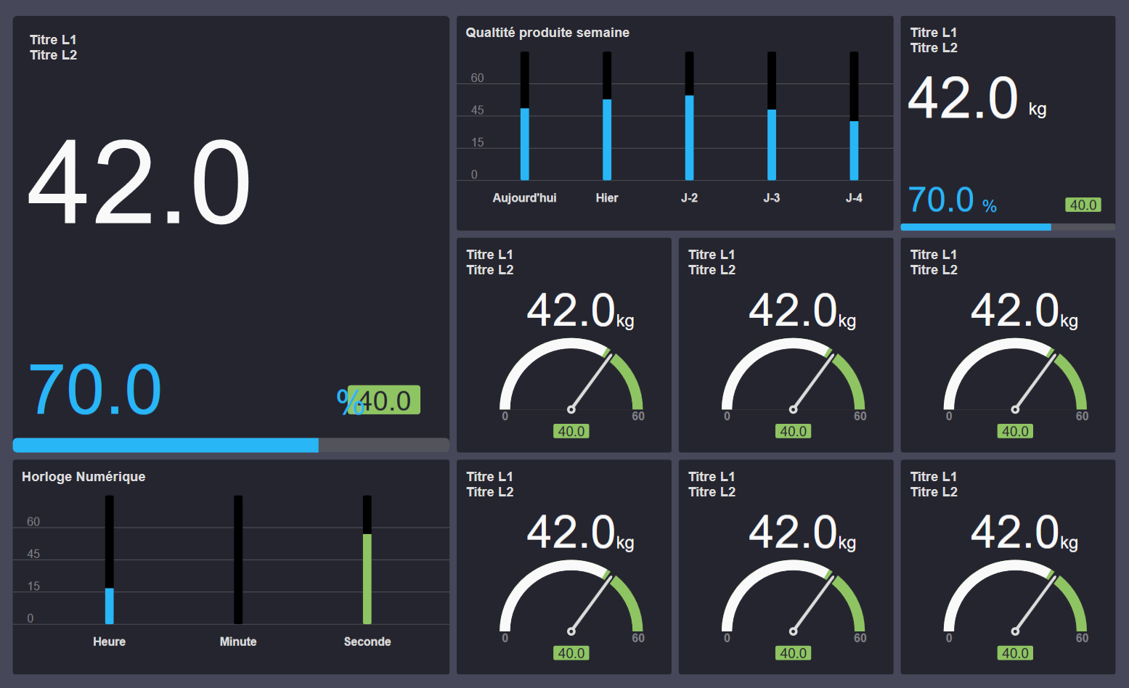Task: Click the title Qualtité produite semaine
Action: (547, 33)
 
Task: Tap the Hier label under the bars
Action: (606, 198)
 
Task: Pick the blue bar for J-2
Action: (689, 138)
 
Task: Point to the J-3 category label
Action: (771, 198)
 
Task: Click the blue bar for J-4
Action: (854, 150)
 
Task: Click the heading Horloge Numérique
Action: (83, 477)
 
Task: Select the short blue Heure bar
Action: (109, 606)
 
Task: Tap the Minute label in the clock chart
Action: (238, 642)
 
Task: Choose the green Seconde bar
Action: (367, 578)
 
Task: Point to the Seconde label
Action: (367, 642)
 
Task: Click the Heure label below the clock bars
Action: (109, 642)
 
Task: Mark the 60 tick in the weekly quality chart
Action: (477, 78)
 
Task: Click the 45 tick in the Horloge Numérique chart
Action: (33, 554)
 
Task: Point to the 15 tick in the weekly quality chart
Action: (477, 143)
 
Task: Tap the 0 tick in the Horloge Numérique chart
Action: (30, 619)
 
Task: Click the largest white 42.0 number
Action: (139, 183)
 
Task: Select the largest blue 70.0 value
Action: (94, 390)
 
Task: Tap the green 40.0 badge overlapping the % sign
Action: (385, 401)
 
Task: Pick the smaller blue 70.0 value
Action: (940, 200)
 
